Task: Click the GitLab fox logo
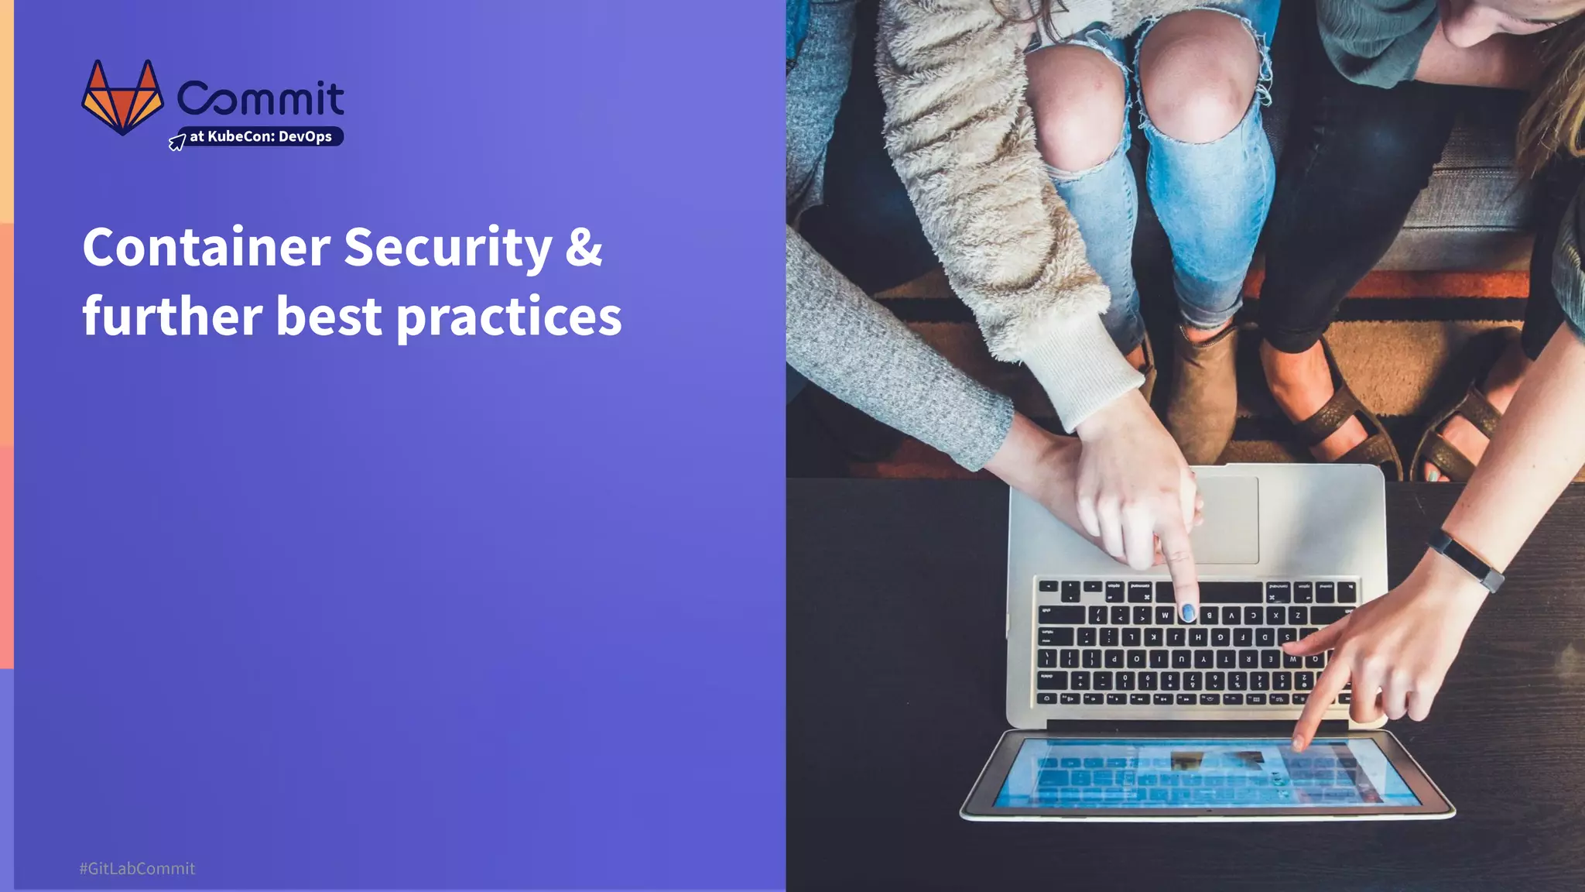click(122, 98)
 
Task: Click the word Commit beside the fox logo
click(261, 98)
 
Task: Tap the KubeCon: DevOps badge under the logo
click(261, 137)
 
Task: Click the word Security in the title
click(447, 248)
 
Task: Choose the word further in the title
click(173, 316)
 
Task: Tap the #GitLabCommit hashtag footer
click(137, 869)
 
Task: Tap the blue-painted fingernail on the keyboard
click(1187, 613)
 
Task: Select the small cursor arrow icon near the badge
click(177, 142)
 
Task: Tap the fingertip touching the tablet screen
click(1298, 743)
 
